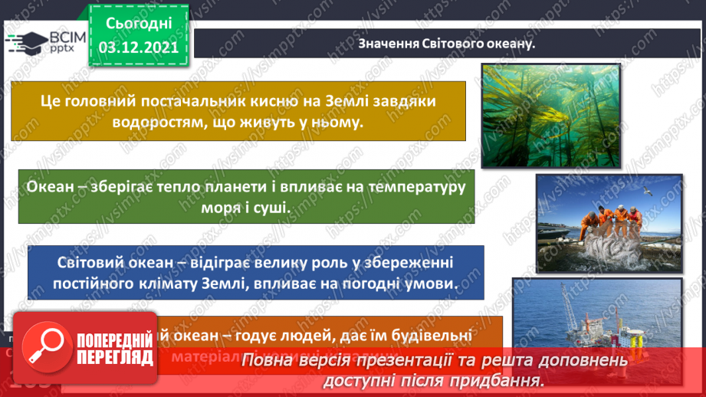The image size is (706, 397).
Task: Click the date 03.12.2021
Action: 138,48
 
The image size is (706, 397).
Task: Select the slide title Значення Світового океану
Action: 446,43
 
